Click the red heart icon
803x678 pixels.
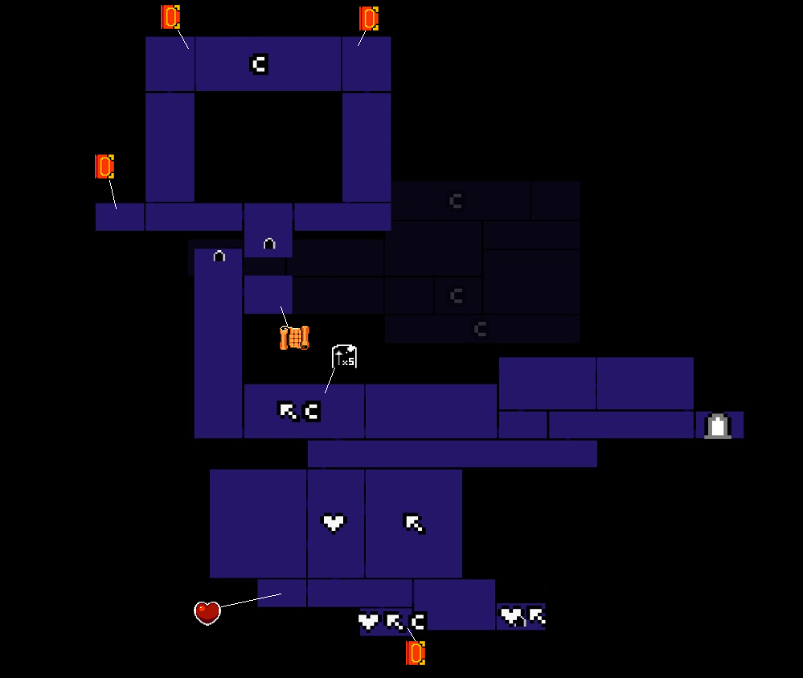point(207,613)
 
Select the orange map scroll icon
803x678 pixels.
point(294,338)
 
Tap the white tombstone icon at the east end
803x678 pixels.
point(717,425)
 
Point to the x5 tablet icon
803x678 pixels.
point(344,356)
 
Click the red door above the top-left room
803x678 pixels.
point(170,17)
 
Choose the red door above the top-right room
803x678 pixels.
point(369,18)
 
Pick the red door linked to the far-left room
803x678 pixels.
point(104,166)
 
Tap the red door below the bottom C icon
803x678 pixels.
point(416,653)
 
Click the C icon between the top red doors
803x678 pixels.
point(258,64)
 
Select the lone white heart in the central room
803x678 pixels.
point(334,523)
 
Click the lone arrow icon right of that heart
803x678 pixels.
point(414,524)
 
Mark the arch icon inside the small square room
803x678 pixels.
point(269,243)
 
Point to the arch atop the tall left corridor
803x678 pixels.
point(219,257)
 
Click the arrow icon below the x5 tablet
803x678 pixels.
point(288,411)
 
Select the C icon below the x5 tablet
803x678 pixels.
point(312,411)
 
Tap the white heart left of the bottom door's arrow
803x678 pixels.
point(368,621)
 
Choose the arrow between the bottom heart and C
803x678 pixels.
point(394,622)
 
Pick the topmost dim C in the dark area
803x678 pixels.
point(456,201)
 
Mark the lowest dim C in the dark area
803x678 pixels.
point(480,329)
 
